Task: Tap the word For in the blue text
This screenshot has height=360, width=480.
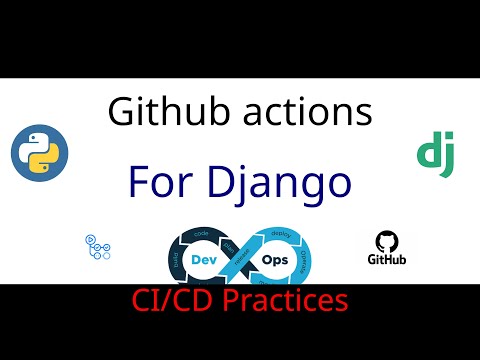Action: click(164, 184)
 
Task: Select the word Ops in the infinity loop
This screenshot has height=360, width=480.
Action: click(275, 258)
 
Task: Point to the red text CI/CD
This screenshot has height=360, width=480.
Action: click(169, 299)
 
